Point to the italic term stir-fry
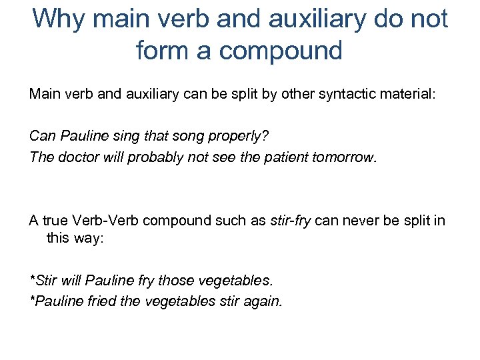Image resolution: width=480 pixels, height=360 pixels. click(291, 221)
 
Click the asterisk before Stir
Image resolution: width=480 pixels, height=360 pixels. click(32, 279)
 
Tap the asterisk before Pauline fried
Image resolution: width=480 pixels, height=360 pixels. click(32, 300)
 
